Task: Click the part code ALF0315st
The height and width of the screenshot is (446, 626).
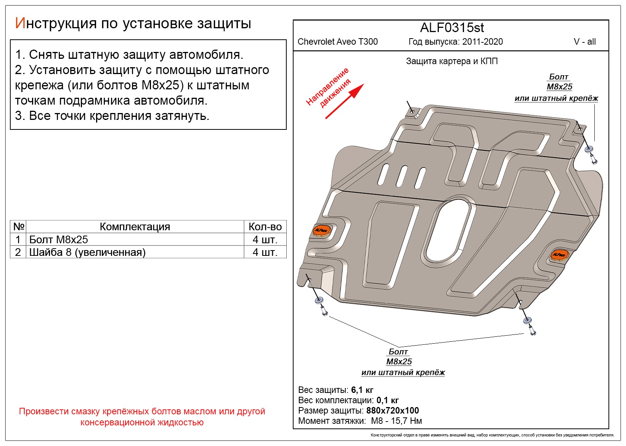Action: click(452, 28)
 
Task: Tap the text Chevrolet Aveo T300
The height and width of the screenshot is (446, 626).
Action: click(337, 42)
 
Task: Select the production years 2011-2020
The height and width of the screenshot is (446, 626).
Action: click(482, 42)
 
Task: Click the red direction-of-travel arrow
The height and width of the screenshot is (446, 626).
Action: click(344, 101)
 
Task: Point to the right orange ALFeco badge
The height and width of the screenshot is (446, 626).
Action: click(559, 254)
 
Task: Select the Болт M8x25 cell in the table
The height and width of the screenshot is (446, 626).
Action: click(58, 239)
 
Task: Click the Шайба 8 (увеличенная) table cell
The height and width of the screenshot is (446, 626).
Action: click(87, 252)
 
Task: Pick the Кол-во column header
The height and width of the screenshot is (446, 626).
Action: click(265, 226)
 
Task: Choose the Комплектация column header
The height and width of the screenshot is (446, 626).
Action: click(135, 226)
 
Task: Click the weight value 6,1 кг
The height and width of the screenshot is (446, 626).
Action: click(362, 390)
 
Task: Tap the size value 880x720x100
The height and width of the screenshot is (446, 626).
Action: click(392, 410)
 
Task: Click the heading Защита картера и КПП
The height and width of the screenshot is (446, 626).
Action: click(452, 61)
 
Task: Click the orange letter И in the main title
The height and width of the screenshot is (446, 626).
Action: click(20, 23)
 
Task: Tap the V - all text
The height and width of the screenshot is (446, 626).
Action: click(584, 42)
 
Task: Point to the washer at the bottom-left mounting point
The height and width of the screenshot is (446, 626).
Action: click(319, 300)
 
